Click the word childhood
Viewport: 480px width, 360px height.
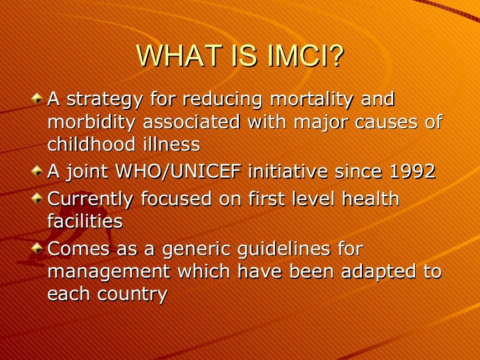click(88, 144)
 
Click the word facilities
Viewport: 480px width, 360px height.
click(85, 221)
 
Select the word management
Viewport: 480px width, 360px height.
click(110, 272)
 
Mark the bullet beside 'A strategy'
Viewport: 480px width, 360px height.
click(38, 99)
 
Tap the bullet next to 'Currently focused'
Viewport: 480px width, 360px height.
click(38, 199)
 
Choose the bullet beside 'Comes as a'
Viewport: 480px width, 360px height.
click(38, 249)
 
